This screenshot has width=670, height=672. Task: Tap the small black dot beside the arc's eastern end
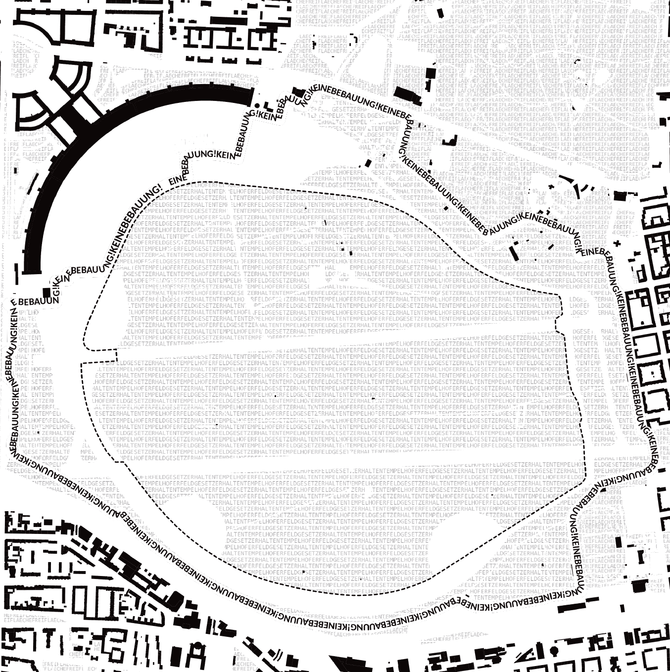pyautogui.click(x=256, y=106)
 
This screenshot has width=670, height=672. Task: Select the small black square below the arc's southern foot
pyautogui.click(x=47, y=292)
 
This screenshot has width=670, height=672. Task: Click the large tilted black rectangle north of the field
pyautogui.click(x=407, y=96)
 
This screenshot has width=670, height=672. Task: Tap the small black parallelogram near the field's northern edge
pyautogui.click(x=368, y=163)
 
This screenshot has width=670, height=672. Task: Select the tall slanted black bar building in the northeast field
pyautogui.click(x=513, y=252)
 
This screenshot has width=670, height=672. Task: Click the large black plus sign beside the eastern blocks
pyautogui.click(x=617, y=243)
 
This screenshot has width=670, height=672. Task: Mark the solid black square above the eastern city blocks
pyautogui.click(x=620, y=196)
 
